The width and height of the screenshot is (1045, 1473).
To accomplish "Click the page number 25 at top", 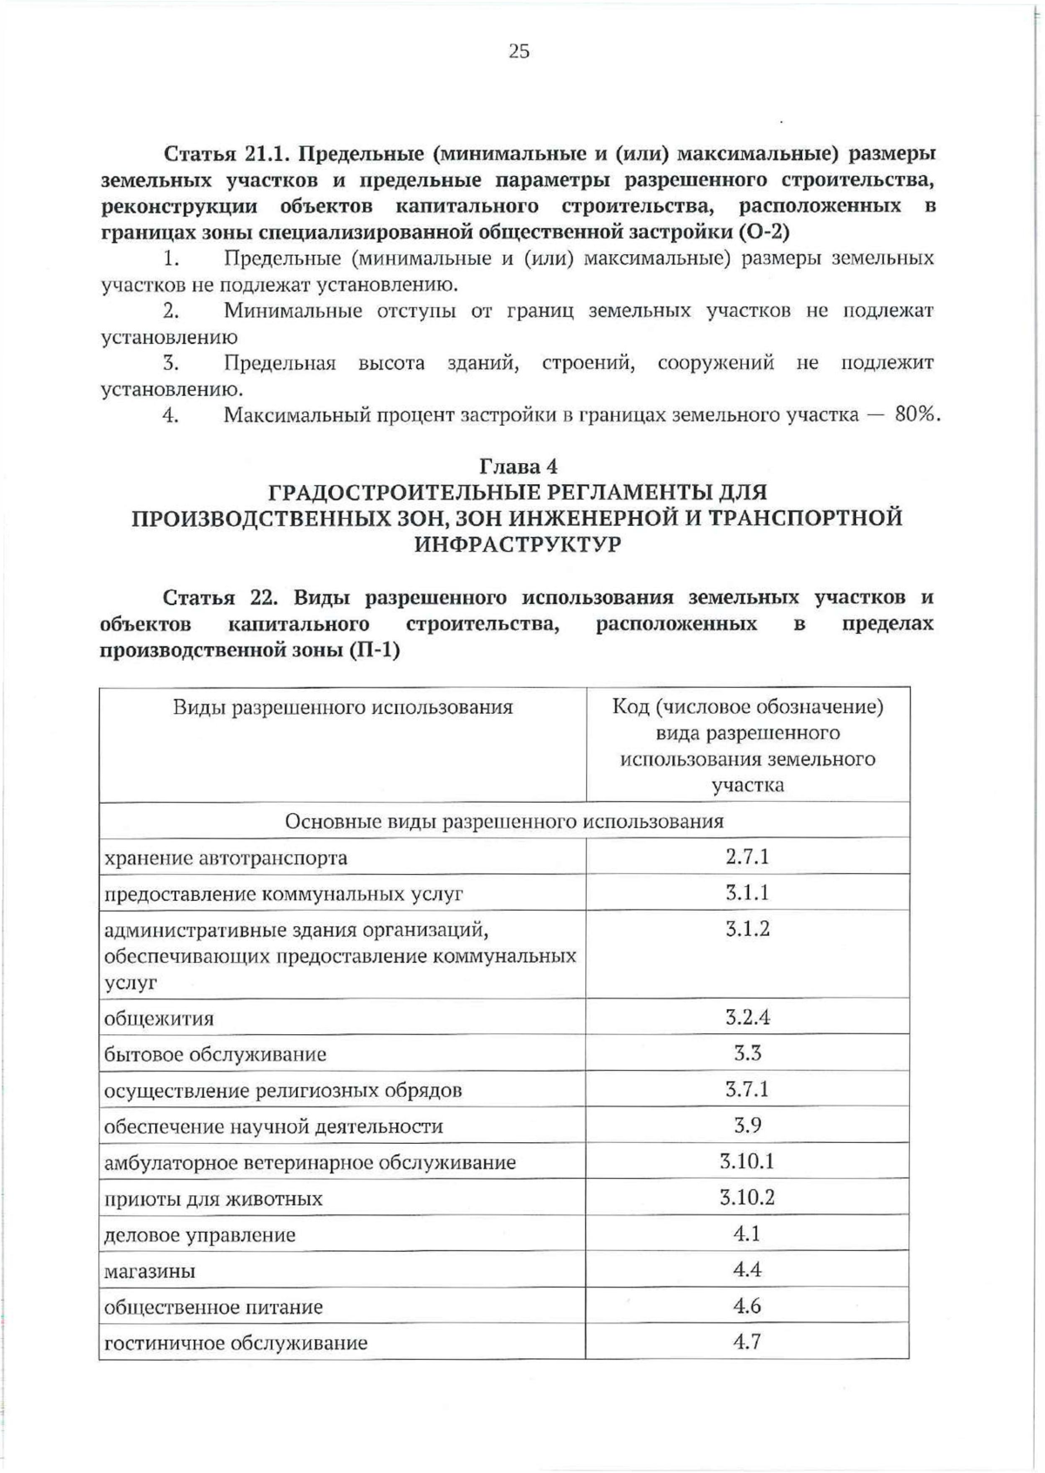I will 518,52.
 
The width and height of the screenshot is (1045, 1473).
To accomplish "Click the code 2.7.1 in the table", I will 747,857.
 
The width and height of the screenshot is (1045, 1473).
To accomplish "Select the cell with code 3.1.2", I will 747,929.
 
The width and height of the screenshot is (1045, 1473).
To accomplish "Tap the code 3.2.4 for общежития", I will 747,1017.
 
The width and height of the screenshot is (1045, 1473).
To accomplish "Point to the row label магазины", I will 150,1271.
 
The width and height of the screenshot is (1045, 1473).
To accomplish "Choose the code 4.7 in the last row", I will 747,1342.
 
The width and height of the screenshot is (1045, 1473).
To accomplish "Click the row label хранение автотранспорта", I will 226,858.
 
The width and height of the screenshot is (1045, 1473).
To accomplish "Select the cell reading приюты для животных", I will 201,1199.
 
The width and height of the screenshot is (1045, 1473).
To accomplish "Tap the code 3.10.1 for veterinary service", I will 747,1161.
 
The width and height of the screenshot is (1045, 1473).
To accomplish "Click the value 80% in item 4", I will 917,414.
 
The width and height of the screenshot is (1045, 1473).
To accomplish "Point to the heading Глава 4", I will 518,467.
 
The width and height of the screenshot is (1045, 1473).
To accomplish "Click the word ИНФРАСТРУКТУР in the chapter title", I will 518,545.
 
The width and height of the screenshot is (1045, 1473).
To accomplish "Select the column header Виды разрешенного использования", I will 342,707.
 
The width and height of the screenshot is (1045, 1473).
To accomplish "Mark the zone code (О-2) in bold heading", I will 763,232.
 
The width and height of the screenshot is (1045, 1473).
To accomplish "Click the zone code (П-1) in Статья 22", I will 374,650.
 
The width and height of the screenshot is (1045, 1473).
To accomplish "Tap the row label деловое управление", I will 199,1234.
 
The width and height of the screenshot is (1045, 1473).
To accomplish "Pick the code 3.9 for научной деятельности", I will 747,1125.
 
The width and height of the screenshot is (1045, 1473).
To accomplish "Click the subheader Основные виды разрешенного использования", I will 504,821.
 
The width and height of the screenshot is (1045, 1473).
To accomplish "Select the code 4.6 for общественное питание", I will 747,1306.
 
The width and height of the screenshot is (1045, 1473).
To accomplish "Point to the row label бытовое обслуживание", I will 215,1054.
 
